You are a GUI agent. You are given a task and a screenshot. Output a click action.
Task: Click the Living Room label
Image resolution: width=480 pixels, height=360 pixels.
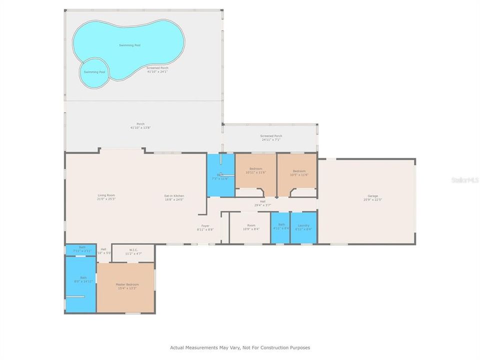pos(106,195)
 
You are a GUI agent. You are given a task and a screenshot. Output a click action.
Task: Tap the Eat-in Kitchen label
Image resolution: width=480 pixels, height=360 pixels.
pos(174,195)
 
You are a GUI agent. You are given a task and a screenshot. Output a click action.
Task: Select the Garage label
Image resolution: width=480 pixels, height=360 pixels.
pos(372,195)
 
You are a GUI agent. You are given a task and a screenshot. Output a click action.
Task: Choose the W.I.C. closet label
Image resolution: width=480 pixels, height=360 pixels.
pos(133,250)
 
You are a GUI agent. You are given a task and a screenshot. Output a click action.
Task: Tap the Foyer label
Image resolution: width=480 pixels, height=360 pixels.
pos(205,225)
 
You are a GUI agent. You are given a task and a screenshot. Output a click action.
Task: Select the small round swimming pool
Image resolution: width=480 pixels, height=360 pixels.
pos(94,71)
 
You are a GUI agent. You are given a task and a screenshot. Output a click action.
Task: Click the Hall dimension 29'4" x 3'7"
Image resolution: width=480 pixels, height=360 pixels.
pos(262,205)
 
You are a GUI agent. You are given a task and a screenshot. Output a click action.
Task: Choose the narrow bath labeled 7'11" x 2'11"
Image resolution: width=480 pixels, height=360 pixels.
pos(82,249)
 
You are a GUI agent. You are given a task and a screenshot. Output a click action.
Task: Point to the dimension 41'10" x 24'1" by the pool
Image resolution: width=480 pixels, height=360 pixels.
pos(157,71)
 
